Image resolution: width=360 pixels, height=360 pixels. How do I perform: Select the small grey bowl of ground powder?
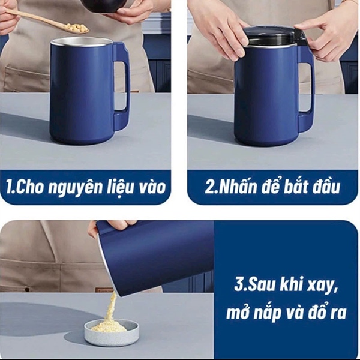pyautogui.click(x=112, y=331)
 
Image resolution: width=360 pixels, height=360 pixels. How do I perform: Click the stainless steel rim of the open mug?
pyautogui.click(x=81, y=41)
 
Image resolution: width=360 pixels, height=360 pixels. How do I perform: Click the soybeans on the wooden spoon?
pyautogui.click(x=75, y=28)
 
